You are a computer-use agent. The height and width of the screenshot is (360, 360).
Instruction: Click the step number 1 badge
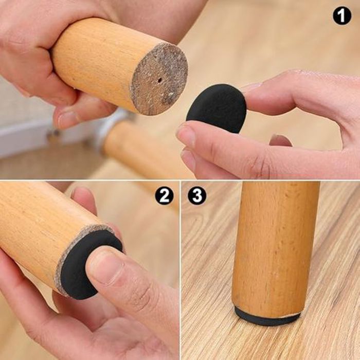coord(342,15)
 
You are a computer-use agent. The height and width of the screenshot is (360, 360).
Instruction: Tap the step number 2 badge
coord(164,195)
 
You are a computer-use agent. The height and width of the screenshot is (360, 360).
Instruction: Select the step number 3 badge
coord(197,195)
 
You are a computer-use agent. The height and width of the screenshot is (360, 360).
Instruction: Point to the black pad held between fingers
coord(216,108)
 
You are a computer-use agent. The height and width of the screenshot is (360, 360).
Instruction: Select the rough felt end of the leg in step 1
coord(159,79)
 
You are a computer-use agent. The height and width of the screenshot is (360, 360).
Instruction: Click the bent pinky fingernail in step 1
coord(281,140)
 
